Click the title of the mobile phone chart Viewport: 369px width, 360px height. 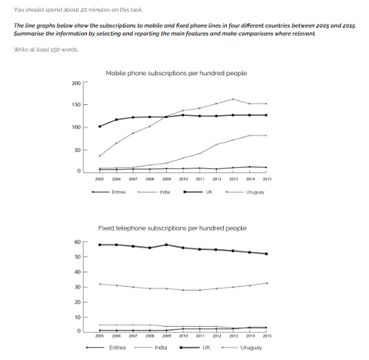176,73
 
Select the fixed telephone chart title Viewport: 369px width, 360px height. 173,227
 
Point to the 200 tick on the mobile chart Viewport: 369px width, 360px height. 76,83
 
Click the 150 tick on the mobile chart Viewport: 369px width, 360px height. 76,106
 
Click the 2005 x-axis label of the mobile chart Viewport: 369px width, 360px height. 100,178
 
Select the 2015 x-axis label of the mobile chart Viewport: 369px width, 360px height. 267,178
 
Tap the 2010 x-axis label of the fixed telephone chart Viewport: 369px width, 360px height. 183,337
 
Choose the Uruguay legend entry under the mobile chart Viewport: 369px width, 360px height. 254,192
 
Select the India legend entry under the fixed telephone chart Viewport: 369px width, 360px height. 161,348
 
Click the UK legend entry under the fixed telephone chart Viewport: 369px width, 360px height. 206,348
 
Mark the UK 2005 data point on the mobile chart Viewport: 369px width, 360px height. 99,126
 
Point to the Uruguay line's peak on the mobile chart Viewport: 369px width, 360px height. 233,99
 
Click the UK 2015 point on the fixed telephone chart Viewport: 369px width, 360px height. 266,254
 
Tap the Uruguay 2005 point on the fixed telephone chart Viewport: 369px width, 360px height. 99,284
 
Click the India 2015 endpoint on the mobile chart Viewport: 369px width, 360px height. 266,135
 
